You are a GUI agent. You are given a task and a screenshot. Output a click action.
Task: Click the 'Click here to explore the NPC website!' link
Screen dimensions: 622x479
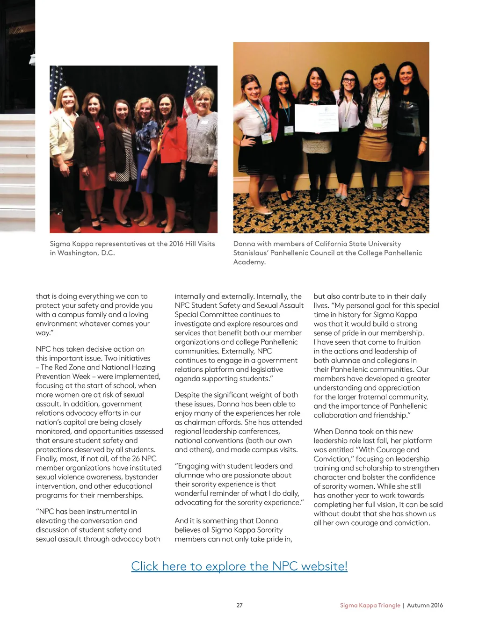pos(239,566)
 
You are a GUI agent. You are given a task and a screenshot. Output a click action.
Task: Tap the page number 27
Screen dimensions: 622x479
pos(239,605)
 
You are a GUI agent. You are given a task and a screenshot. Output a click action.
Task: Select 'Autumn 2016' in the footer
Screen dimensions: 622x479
pos(425,605)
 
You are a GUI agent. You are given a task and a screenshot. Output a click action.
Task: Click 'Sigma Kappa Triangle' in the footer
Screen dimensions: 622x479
pos(370,605)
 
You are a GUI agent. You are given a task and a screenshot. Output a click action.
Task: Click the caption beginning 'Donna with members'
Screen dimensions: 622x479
pos(327,253)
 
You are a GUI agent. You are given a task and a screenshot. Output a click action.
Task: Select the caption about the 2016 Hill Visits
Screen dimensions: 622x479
pos(132,248)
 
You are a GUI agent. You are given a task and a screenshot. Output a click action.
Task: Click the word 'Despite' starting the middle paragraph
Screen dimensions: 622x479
pos(187,395)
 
